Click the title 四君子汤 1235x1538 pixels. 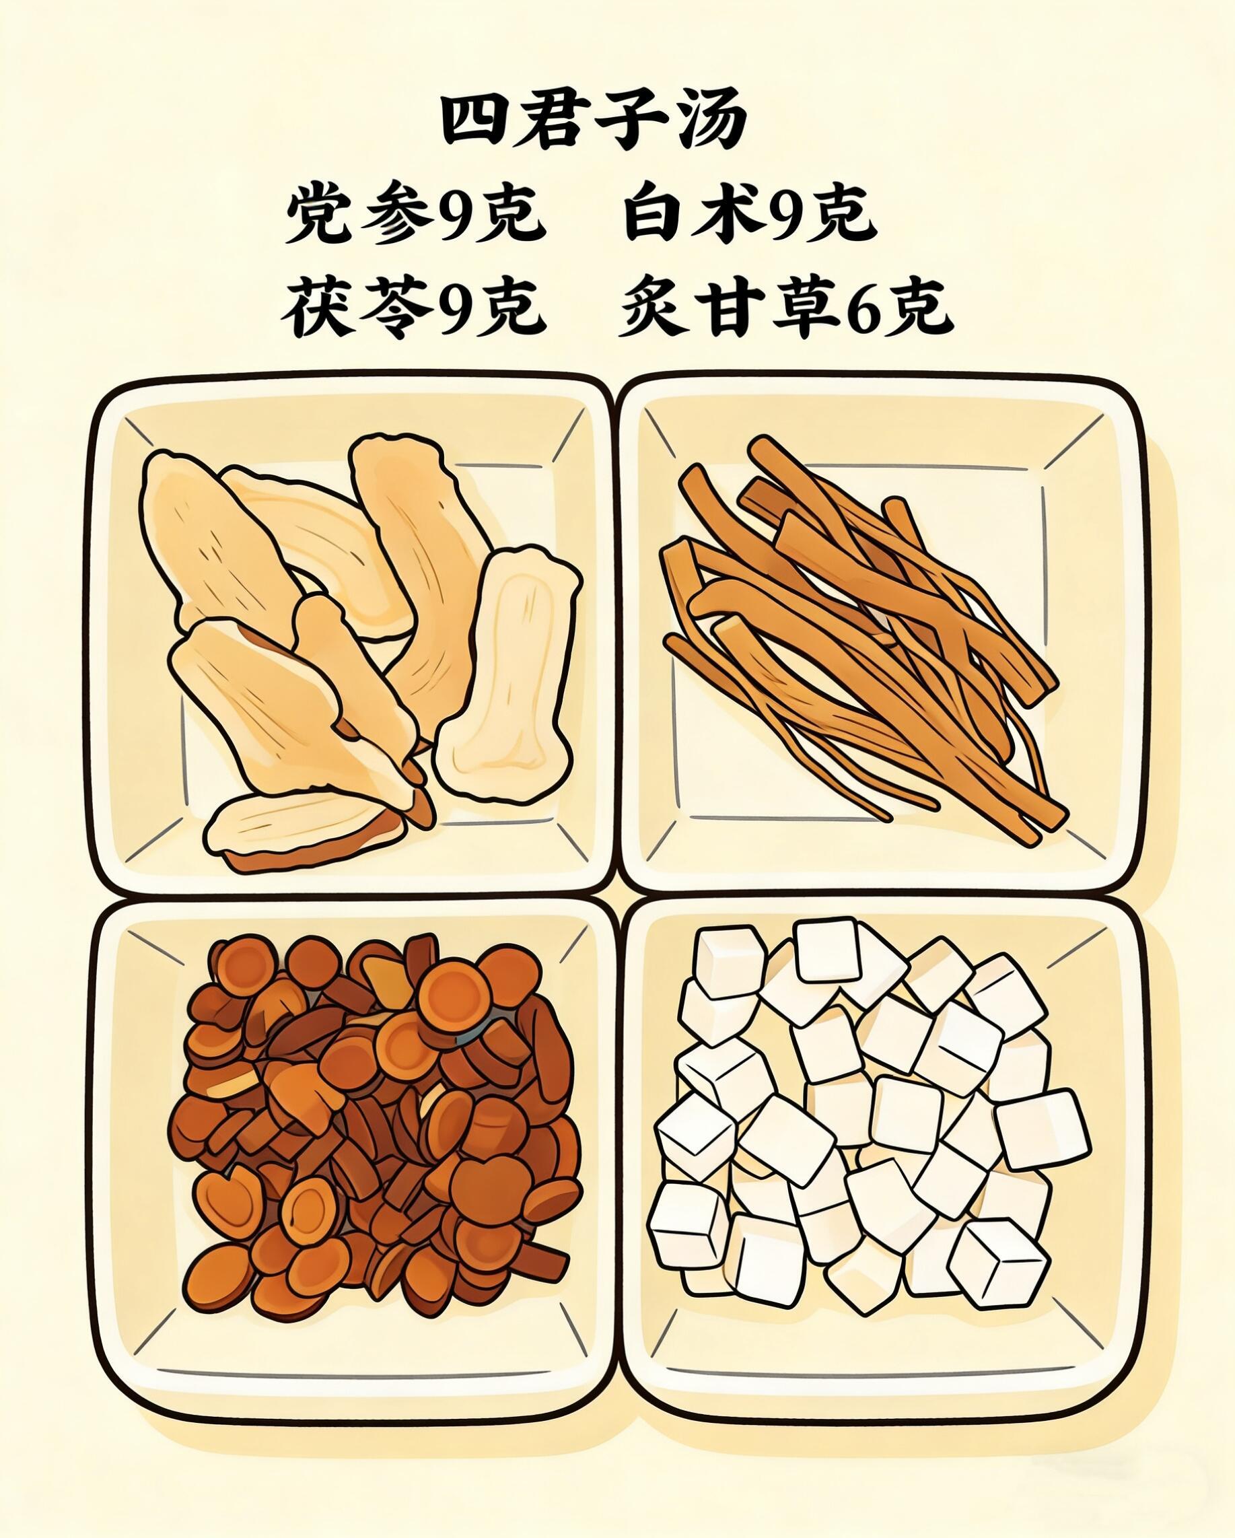coord(594,121)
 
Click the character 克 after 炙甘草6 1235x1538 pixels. coord(922,308)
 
